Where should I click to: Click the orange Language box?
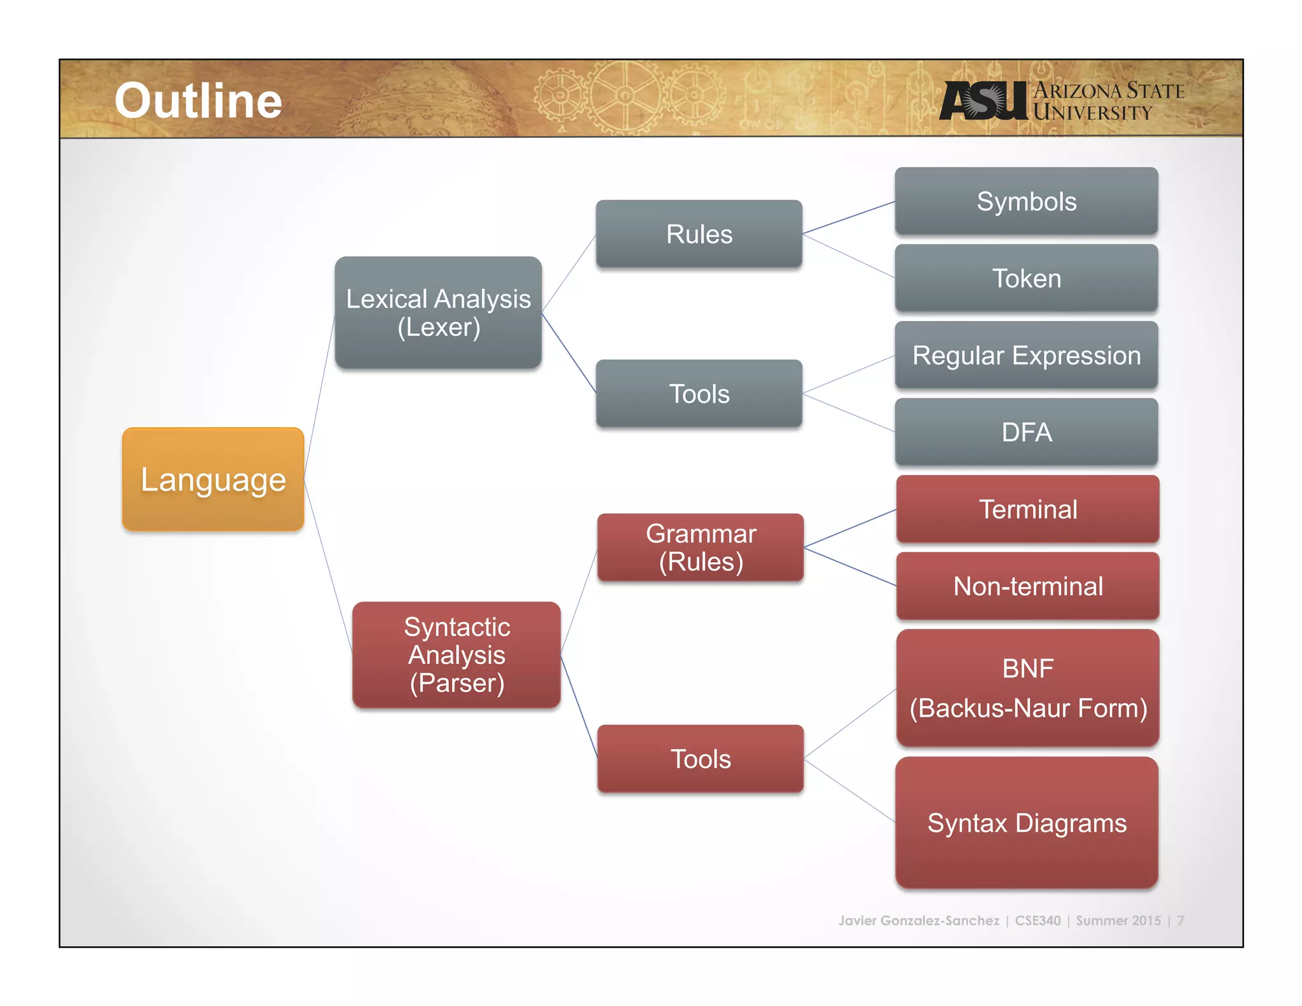tap(213, 479)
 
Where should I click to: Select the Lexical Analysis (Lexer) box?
tap(438, 312)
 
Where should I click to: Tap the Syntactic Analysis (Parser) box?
tap(456, 654)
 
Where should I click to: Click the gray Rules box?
tap(699, 234)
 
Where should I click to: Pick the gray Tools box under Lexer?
tap(699, 394)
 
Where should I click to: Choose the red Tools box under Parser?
tap(701, 759)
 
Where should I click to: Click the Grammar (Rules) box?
tap(701, 548)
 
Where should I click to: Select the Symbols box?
tap(1026, 202)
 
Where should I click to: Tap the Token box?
tap(1026, 279)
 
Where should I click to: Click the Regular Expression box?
tap(1026, 355)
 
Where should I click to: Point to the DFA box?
tap(1026, 432)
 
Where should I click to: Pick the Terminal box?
tap(1027, 509)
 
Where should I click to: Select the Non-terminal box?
tap(1027, 586)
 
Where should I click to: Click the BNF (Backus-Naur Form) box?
tap(1027, 688)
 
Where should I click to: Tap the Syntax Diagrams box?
tap(1026, 823)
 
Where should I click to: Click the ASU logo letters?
tap(983, 101)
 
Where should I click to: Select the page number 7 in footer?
tap(1180, 920)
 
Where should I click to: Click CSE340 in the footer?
tap(1038, 920)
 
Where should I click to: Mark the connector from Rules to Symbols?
tap(849, 218)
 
